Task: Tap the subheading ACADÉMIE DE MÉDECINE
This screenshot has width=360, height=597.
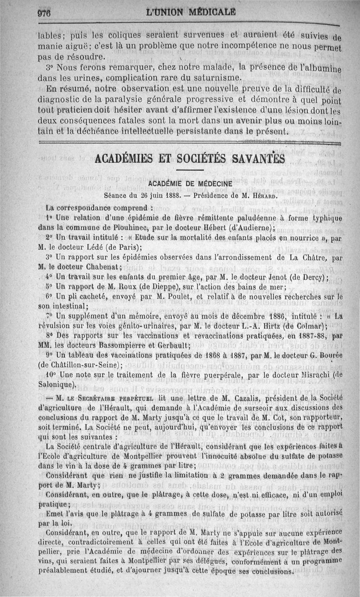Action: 190,184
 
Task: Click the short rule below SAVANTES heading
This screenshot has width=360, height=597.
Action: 190,170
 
